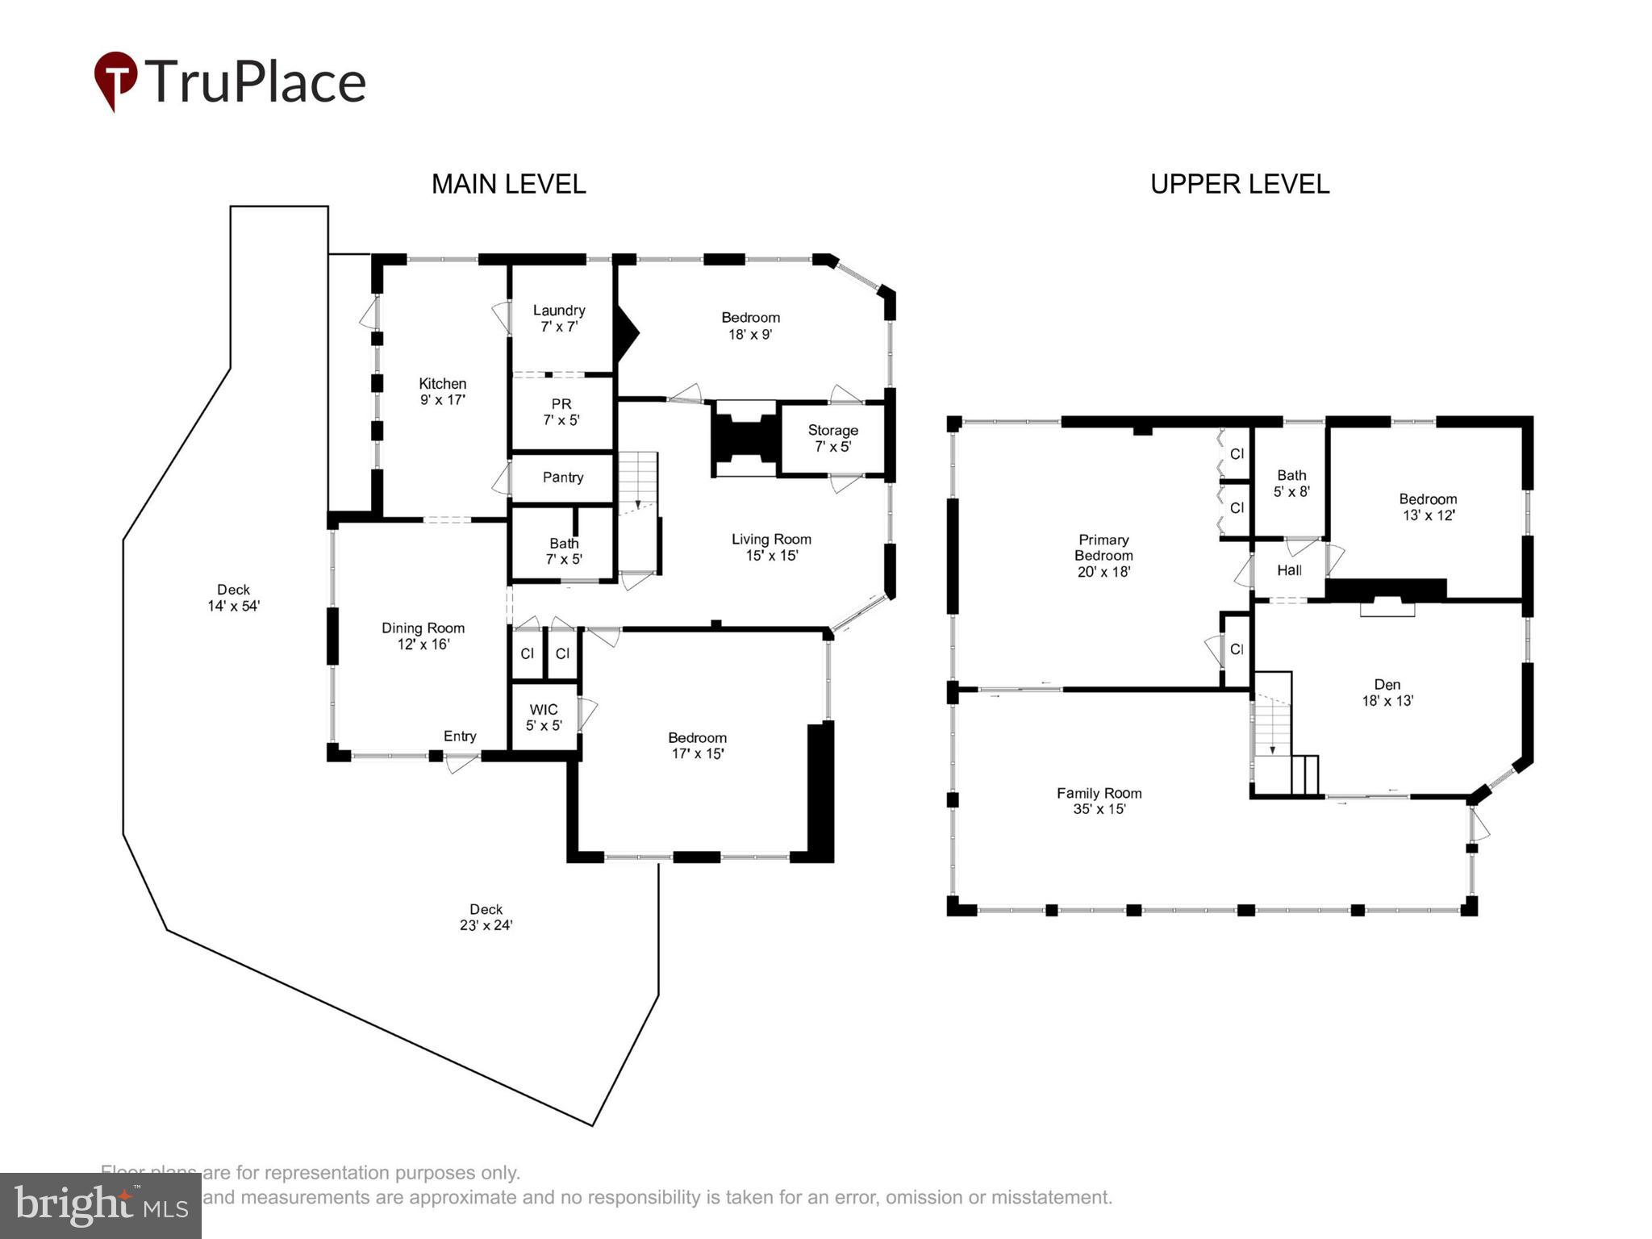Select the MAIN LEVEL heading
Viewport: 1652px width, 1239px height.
click(508, 184)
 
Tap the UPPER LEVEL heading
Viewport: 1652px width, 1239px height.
click(1239, 184)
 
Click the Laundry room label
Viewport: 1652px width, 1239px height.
click(559, 318)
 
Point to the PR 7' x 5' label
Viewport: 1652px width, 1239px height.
click(561, 411)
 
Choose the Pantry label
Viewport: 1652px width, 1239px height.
click(562, 478)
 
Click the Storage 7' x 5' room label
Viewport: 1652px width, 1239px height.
click(832, 438)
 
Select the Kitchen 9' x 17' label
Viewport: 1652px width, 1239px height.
click(442, 391)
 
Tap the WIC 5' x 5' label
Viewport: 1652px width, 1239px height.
click(544, 717)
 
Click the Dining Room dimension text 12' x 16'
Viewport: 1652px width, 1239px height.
click(423, 645)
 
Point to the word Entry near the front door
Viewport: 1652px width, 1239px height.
click(460, 736)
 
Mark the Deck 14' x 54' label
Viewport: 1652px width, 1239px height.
click(233, 598)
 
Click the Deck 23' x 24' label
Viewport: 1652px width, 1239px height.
click(486, 917)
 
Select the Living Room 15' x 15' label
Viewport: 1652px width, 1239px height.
click(771, 547)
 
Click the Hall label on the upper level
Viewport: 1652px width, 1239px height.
click(1289, 570)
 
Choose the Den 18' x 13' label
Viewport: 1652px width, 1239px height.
click(1387, 692)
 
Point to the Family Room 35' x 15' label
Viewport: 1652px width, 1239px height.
click(1099, 801)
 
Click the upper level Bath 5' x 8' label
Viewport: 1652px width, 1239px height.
click(1291, 482)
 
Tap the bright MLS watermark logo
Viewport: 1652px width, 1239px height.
click(101, 1206)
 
